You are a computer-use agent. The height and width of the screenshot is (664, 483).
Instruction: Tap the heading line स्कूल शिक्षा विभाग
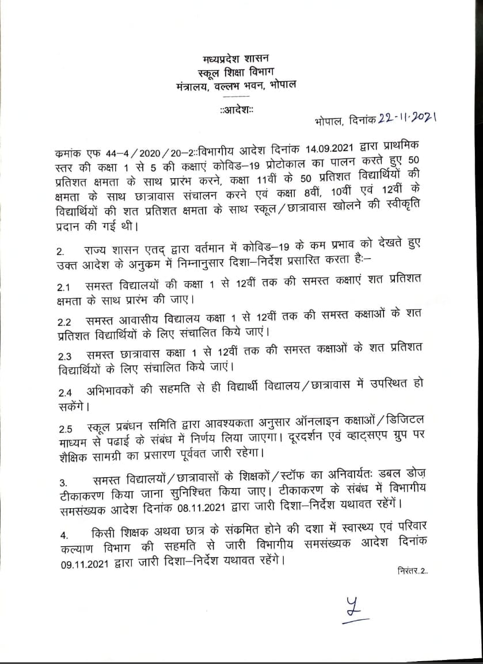(236, 72)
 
